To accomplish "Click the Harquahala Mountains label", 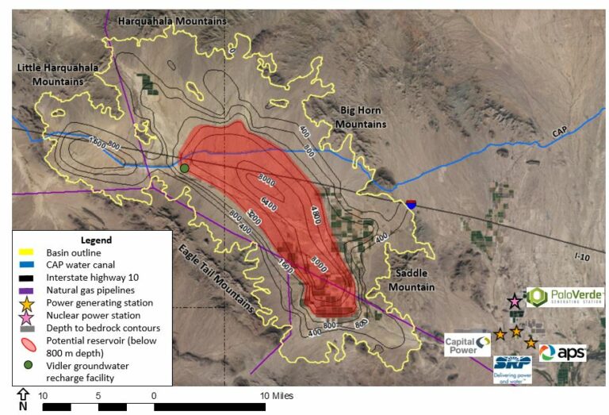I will point(171,21).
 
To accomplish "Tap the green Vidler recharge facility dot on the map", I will point(184,168).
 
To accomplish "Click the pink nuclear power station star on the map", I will point(515,301).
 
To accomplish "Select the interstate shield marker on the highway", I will point(411,205).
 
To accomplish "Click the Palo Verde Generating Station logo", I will point(565,298).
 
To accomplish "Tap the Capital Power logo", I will point(467,344).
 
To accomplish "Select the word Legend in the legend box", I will point(96,240).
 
